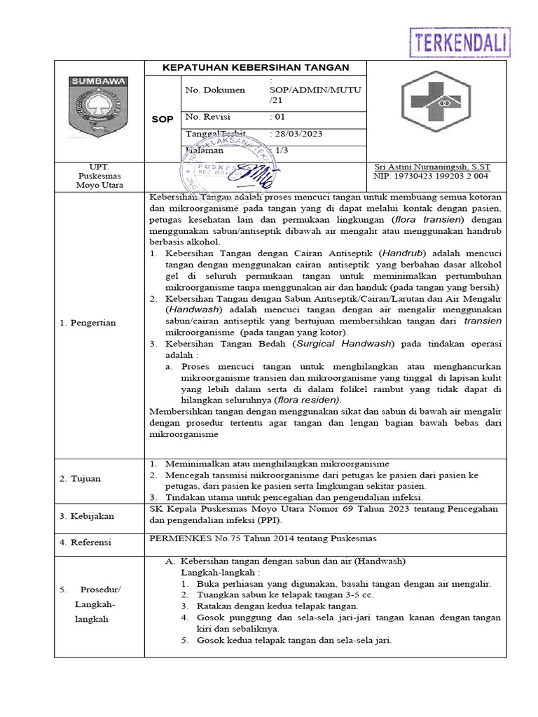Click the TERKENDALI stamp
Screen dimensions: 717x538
click(460, 42)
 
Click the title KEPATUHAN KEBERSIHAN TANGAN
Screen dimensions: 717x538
click(255, 67)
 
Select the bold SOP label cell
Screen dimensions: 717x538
click(162, 120)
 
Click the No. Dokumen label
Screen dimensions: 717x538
click(215, 90)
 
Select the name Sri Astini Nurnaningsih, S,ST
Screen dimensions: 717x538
click(433, 167)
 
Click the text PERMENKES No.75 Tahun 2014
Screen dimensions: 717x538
click(225, 538)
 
